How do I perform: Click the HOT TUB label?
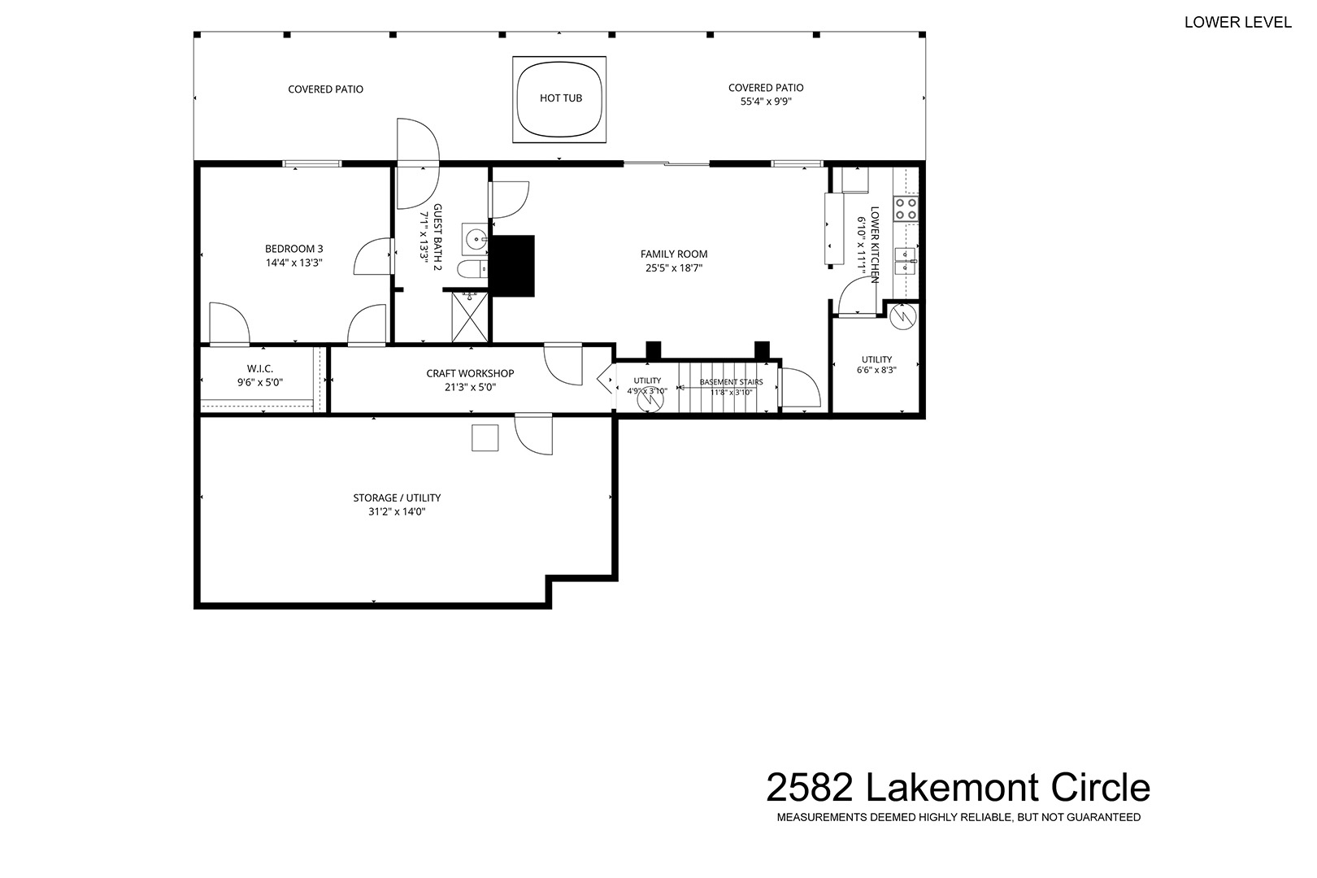tap(561, 98)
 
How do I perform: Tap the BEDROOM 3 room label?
tap(294, 249)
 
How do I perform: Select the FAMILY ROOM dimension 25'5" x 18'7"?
tap(674, 268)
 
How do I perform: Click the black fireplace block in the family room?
tap(513, 266)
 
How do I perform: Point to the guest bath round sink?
tap(475, 239)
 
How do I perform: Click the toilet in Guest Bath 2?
tap(472, 269)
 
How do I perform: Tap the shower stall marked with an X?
tap(470, 317)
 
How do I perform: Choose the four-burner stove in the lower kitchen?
tap(906, 210)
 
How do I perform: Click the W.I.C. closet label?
tap(260, 369)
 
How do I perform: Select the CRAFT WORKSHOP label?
tap(471, 373)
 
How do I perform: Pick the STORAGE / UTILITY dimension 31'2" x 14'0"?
tap(397, 511)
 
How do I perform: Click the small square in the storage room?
tap(485, 438)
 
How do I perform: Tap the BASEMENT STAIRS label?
tap(732, 382)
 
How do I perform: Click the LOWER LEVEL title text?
tap(1237, 22)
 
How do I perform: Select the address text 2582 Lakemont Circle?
tap(958, 788)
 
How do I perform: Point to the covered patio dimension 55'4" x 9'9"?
tap(766, 101)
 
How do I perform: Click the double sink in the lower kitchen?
tap(905, 261)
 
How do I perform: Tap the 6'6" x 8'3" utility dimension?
tap(876, 371)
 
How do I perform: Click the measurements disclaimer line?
tap(959, 817)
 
